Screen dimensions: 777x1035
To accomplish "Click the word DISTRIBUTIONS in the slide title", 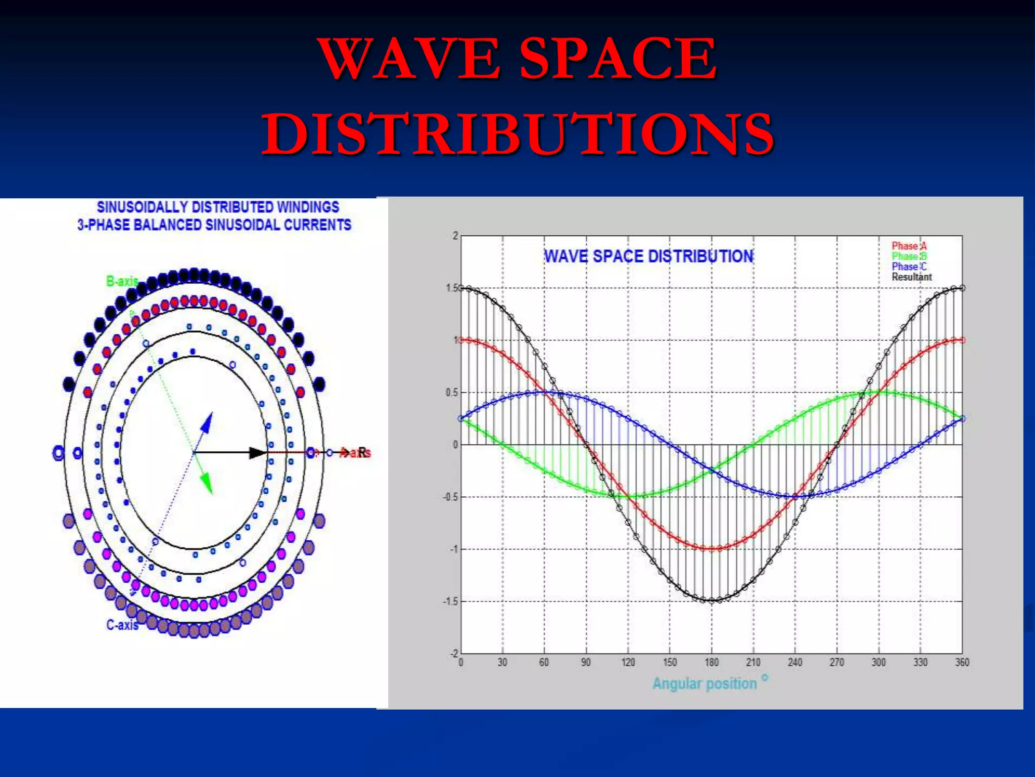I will click(x=517, y=134).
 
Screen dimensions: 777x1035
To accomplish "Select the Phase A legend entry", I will click(x=909, y=246).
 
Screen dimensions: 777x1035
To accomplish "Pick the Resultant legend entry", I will click(x=911, y=277).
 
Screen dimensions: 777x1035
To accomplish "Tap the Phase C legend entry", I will click(x=909, y=267).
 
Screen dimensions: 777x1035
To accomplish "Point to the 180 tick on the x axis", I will click(x=711, y=662).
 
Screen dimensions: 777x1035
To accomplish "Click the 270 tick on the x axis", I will click(x=836, y=662).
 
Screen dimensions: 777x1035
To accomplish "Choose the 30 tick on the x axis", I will click(x=502, y=662).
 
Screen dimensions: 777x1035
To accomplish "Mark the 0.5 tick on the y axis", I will click(x=452, y=393).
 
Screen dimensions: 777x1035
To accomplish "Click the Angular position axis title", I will click(x=704, y=683).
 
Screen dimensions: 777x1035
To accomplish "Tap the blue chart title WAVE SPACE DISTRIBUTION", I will click(x=648, y=256).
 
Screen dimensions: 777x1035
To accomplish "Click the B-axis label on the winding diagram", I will click(x=122, y=281).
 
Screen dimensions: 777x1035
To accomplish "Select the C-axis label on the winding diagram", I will click(x=122, y=625).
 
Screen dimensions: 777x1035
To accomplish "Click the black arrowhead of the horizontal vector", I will click(x=258, y=453).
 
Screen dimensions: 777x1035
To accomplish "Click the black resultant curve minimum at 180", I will click(x=712, y=601).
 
